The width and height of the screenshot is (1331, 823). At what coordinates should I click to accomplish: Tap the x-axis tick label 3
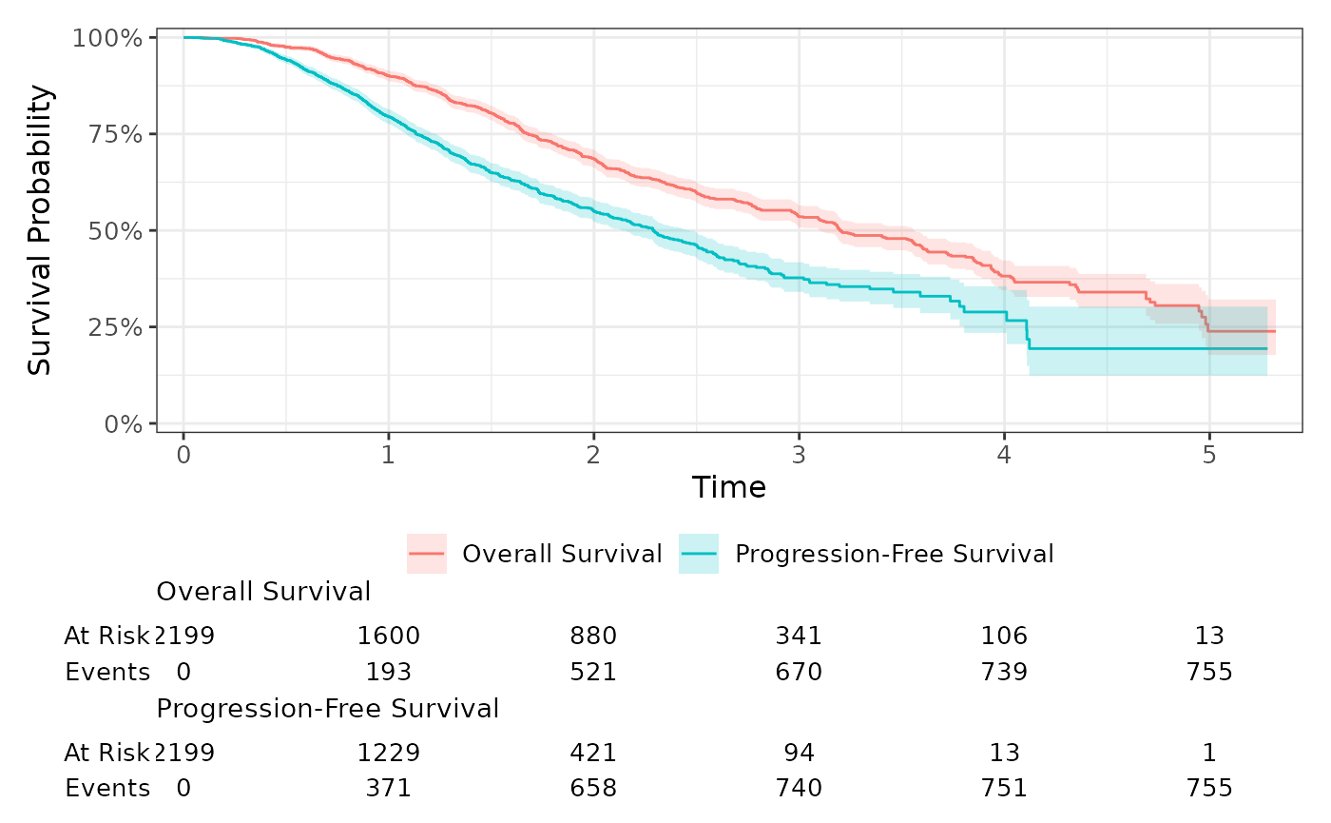(799, 456)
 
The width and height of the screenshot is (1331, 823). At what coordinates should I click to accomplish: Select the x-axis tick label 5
(1209, 456)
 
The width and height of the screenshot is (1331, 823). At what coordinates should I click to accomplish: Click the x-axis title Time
(729, 488)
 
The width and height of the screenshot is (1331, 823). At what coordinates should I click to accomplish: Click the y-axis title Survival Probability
(40, 230)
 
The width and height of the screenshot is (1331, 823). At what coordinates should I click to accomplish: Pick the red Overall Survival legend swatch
(426, 554)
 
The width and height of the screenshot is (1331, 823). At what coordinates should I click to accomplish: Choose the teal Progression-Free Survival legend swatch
(699, 554)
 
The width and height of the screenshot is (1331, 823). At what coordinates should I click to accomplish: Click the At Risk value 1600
(389, 636)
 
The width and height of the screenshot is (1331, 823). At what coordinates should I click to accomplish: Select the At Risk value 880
(594, 636)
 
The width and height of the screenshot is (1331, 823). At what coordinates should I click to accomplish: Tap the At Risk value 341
(799, 636)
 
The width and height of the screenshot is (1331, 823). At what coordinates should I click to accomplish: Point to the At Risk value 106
(1004, 636)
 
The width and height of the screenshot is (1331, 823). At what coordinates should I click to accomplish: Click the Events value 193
(389, 673)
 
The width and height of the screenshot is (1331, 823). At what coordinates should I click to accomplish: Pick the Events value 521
(594, 673)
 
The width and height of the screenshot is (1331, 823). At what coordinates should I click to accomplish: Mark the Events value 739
(1004, 673)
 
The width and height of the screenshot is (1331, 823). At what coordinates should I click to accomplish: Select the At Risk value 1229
(389, 753)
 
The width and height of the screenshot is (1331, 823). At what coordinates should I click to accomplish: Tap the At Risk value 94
(799, 753)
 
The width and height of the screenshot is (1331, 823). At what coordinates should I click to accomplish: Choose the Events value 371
(389, 789)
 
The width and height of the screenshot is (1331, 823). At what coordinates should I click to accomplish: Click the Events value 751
(1004, 789)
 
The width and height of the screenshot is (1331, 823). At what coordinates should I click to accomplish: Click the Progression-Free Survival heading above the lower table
(328, 709)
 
